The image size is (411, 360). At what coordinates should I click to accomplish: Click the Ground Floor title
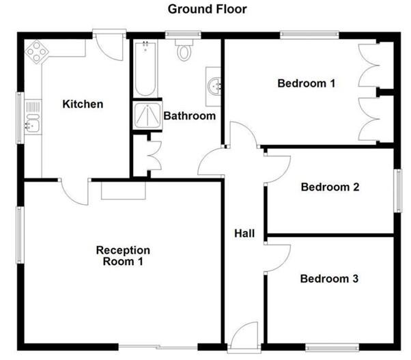click(207, 10)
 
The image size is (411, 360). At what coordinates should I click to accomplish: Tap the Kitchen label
click(83, 104)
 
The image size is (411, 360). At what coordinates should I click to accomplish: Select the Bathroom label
click(190, 116)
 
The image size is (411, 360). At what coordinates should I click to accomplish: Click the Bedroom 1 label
click(306, 83)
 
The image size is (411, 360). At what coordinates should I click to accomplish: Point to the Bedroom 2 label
click(330, 187)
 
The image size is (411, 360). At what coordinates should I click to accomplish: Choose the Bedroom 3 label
click(329, 279)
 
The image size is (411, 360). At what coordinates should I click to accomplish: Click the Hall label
click(244, 234)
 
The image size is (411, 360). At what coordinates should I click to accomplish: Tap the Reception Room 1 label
click(123, 255)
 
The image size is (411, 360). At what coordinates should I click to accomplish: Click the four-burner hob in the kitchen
click(37, 52)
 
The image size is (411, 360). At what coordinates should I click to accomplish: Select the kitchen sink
click(33, 117)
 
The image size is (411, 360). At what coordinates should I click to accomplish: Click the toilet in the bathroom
click(184, 50)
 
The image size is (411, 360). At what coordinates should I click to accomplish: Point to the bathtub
click(145, 68)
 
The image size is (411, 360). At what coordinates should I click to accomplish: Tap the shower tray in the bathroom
click(147, 115)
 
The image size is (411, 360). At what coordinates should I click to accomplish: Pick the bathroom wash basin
click(214, 86)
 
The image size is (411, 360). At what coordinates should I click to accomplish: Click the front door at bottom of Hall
click(245, 336)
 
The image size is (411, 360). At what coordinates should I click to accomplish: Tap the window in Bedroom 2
click(399, 191)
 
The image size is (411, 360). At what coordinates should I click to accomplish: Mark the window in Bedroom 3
click(332, 348)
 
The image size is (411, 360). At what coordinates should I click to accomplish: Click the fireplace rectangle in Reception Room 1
click(124, 191)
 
